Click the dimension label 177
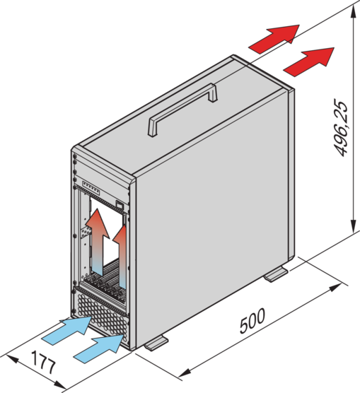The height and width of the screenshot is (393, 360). coord(43,363)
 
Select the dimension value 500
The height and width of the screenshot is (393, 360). coord(252,320)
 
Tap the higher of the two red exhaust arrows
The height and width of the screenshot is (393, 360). coord(274,39)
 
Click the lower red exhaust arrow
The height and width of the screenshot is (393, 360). coord(309,61)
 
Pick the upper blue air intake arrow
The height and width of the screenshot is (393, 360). coord(66,330)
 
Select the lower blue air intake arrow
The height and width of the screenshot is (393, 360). coord(99,348)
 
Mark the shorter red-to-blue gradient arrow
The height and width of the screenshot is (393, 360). coord(121,257)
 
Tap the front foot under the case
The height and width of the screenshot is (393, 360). coord(156,343)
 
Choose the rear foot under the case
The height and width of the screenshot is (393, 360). coord(276,274)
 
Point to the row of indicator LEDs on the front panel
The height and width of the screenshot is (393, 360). coord(91,188)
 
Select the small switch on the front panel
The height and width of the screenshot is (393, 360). coord(120,205)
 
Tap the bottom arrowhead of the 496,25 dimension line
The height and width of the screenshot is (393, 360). coord(353,225)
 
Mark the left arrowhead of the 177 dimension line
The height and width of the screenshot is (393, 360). coord(12,359)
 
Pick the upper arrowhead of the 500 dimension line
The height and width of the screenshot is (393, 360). coord(335,288)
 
